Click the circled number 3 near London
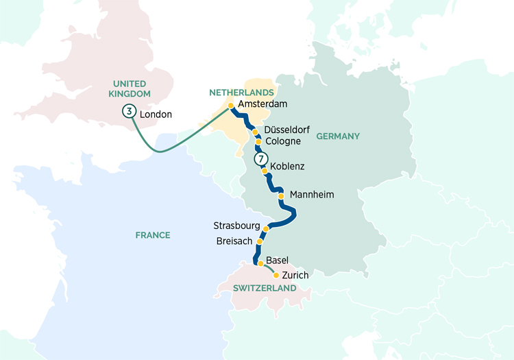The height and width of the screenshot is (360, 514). click(128, 111)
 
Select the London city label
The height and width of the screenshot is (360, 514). click(156, 115)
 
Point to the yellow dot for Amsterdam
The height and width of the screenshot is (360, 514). click(231, 106)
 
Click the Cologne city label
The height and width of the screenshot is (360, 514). click(282, 141)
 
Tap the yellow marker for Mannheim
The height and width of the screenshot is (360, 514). click(281, 195)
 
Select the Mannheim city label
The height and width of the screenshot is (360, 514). click(312, 195)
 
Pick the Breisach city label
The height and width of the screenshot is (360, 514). click(234, 241)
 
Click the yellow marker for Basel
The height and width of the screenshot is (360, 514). click(260, 263)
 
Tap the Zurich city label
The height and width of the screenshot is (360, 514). click(295, 275)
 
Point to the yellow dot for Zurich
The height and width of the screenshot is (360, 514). click(276, 276)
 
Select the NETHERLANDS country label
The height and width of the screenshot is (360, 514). click(241, 92)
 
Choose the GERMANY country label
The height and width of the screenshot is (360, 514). click(338, 136)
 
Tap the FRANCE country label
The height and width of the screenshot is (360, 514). click(152, 235)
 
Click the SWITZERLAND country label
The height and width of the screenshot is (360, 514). click(265, 288)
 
